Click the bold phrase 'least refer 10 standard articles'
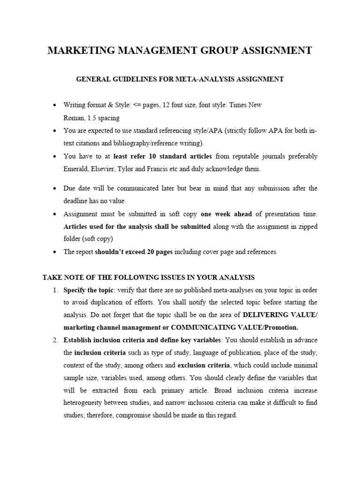[163, 156]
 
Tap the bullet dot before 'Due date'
[55, 188]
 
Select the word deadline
[78, 201]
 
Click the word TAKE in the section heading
[52, 277]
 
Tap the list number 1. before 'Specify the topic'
[55, 290]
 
